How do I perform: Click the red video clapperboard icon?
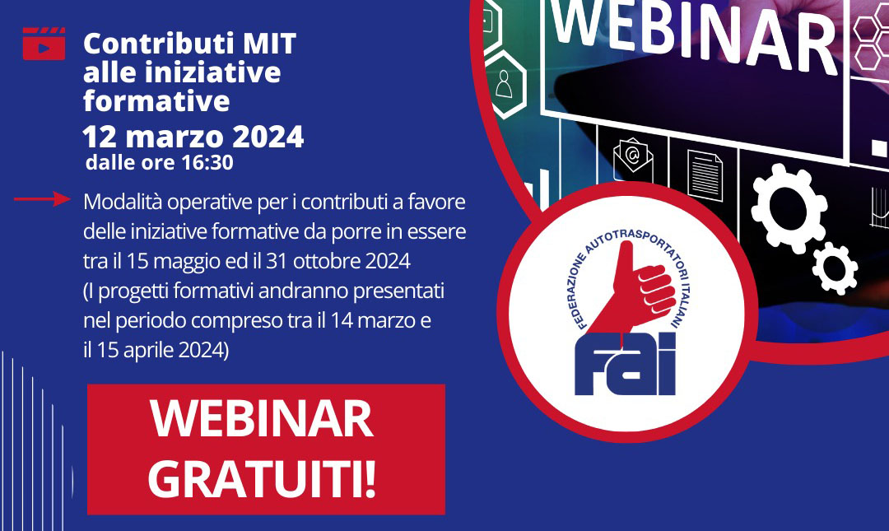[x=44, y=44]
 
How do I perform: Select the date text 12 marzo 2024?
[x=193, y=137]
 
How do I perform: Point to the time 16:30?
[x=207, y=162]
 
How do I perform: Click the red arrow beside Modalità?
[x=42, y=198]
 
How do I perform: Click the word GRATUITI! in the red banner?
[x=262, y=480]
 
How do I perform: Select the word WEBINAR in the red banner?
[x=262, y=419]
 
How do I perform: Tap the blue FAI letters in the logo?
[x=626, y=364]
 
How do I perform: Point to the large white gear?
[x=789, y=207]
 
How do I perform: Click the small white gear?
[x=835, y=268]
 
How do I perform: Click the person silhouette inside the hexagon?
[x=504, y=83]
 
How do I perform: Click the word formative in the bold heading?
[x=156, y=101]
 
